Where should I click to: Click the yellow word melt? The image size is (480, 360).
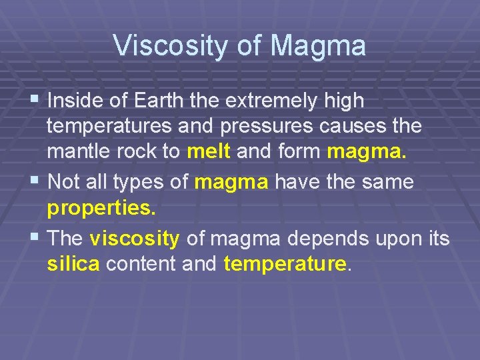(x=209, y=151)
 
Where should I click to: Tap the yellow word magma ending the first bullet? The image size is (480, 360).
(x=365, y=152)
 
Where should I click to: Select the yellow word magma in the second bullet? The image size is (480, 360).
(x=230, y=182)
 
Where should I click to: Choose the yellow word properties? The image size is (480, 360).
(x=101, y=208)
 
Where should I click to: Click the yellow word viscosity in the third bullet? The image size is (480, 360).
(x=135, y=238)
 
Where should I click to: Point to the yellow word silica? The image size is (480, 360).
(x=73, y=263)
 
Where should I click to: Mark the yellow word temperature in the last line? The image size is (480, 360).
(x=285, y=264)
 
